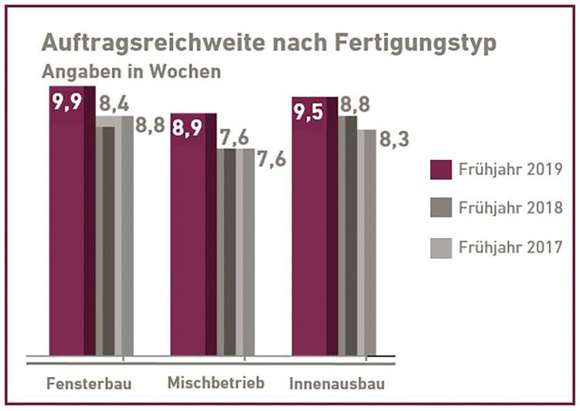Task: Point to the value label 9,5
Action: click(x=310, y=113)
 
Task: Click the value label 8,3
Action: click(x=394, y=141)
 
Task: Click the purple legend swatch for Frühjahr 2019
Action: click(x=440, y=169)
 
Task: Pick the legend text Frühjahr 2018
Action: click(x=510, y=209)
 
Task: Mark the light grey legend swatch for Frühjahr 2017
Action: click(x=440, y=247)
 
